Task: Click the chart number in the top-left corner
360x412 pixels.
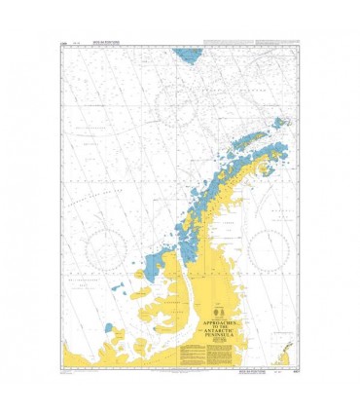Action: coord(65,44)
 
